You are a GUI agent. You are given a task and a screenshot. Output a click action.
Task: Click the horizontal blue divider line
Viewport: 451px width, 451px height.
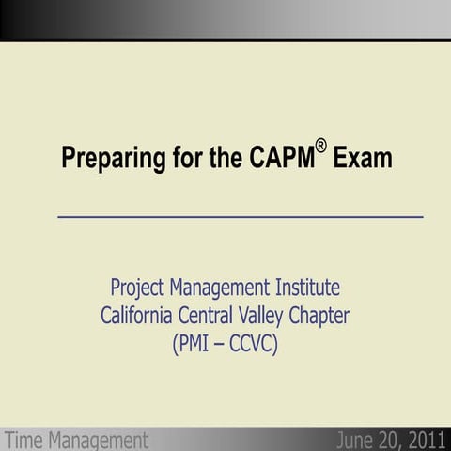[241, 216]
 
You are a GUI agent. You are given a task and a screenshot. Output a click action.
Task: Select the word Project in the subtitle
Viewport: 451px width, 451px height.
[140, 287]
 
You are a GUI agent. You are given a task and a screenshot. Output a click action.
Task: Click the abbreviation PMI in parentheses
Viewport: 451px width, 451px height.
[197, 345]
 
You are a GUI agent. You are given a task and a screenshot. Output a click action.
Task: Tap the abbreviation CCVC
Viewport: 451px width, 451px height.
[254, 345]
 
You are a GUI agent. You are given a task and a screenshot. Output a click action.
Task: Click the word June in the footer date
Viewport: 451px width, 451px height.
[354, 440]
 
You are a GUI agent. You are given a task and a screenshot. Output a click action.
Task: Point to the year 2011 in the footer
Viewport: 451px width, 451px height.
[425, 440]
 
